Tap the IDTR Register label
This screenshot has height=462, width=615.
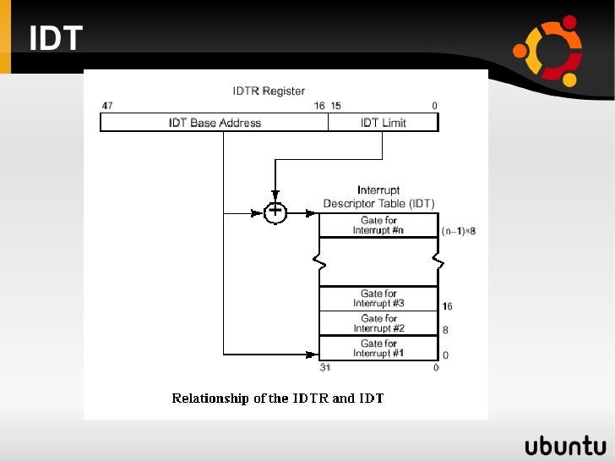[269, 91]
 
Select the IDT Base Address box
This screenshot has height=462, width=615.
[215, 123]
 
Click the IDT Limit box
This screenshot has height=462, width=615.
[383, 123]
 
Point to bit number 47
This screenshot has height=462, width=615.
[107, 106]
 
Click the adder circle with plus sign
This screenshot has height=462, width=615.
[275, 212]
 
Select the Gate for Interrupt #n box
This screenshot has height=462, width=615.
[378, 226]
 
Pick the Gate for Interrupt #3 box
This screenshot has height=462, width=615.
[378, 299]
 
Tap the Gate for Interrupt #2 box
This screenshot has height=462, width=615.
[378, 323]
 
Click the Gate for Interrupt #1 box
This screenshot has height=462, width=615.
[378, 348]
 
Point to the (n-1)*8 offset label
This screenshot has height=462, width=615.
[459, 230]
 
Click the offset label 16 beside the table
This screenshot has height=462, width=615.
[447, 306]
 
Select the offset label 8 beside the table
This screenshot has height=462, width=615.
[445, 331]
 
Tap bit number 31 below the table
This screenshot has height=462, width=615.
[324, 368]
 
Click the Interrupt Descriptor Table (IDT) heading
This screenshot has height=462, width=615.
[378, 197]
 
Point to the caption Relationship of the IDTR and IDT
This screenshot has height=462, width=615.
[278, 398]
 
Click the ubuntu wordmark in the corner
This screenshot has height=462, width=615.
[564, 446]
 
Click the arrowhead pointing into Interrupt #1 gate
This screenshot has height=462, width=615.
[313, 355]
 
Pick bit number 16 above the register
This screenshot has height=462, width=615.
[318, 106]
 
